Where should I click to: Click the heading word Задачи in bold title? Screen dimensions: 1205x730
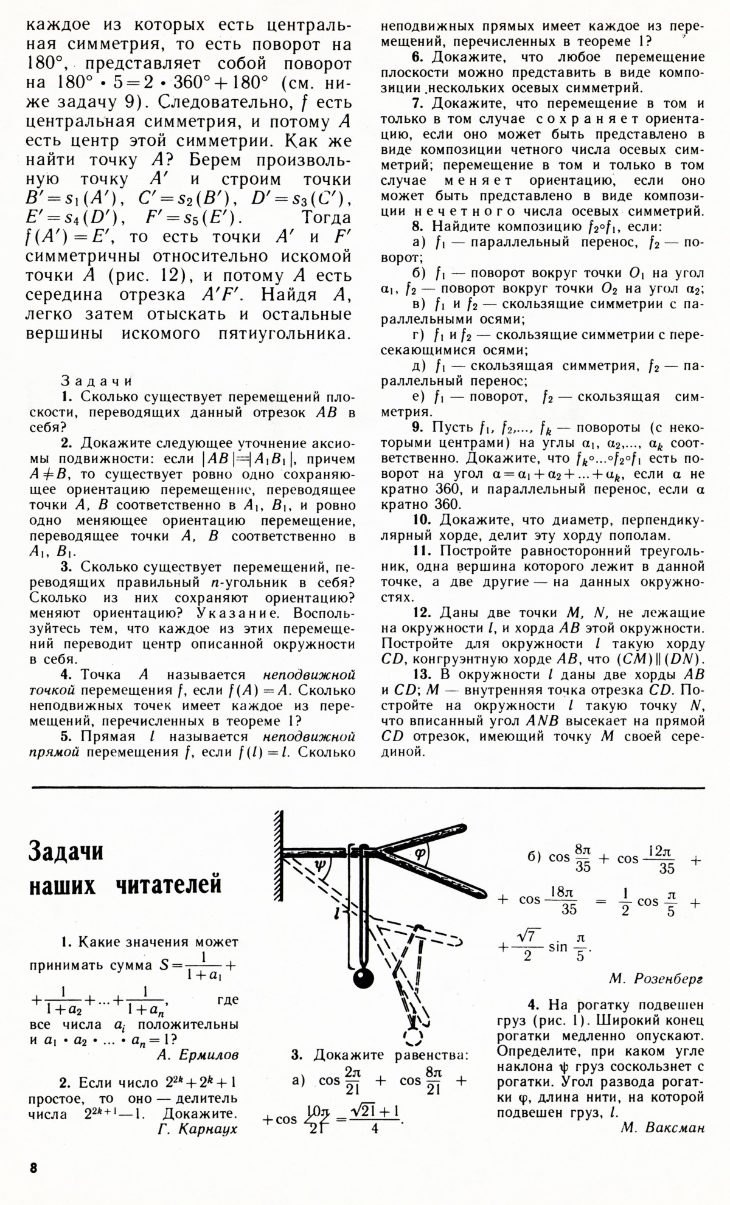coord(66,851)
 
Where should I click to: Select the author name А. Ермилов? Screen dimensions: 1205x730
coord(198,1055)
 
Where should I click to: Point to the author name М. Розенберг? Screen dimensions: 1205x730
coord(656,979)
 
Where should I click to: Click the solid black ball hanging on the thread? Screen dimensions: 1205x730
coord(363,978)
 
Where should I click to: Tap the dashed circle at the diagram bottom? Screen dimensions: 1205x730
coord(413,1037)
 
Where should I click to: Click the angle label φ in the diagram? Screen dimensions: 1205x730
coord(420,852)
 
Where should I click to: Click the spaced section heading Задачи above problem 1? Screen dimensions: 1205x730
coord(97,381)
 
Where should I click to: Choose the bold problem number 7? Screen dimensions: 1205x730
coord(417,103)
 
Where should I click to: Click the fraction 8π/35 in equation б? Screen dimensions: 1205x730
coord(582,858)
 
